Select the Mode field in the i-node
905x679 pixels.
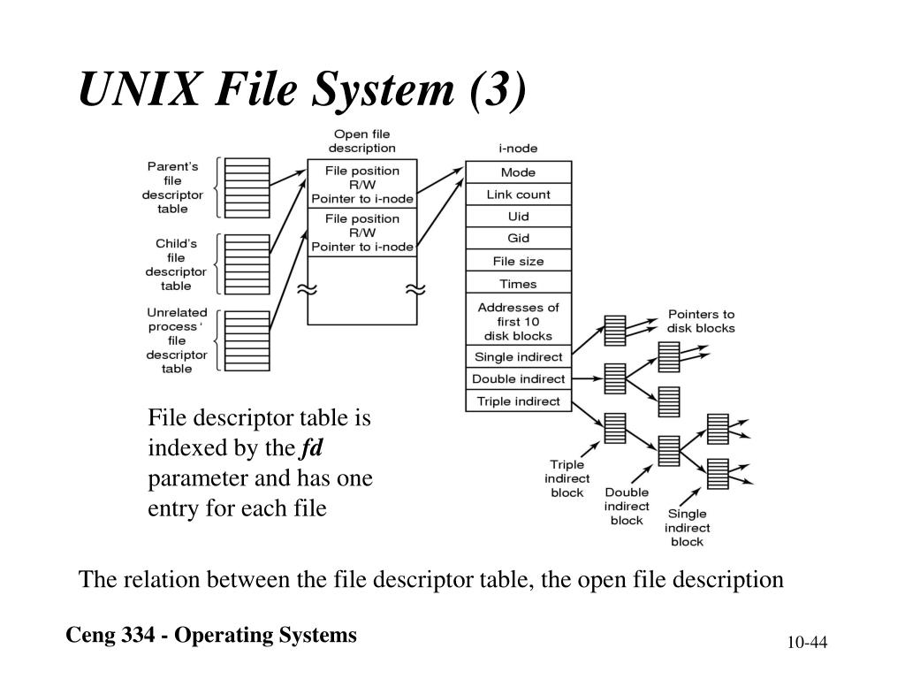(x=518, y=172)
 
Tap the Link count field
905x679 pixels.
(x=518, y=195)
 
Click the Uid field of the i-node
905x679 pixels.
(x=518, y=217)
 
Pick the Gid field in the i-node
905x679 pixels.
(x=518, y=239)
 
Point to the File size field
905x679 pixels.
(x=518, y=262)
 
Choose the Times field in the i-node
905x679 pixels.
(x=518, y=284)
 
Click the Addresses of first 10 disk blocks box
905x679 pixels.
(x=518, y=321)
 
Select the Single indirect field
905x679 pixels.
(x=518, y=357)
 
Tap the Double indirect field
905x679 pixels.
(x=518, y=379)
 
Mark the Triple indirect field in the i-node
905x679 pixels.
(x=518, y=401)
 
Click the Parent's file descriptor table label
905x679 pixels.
(x=173, y=187)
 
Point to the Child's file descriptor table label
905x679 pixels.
(x=175, y=264)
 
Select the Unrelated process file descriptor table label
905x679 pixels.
(x=177, y=340)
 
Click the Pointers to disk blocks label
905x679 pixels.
(x=700, y=321)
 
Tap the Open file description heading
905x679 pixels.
(x=361, y=141)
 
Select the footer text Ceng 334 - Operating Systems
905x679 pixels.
(x=212, y=635)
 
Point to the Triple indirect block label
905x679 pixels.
(x=567, y=478)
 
